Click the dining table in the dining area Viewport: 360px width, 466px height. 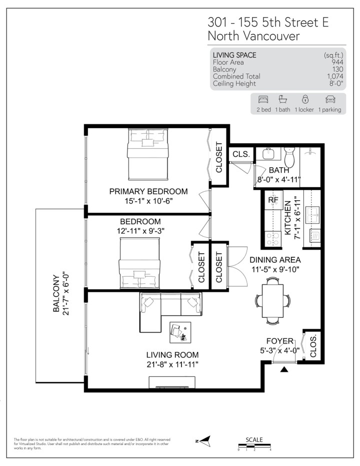point(272,301)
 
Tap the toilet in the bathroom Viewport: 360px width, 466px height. point(289,158)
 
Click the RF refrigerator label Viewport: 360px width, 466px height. point(273,200)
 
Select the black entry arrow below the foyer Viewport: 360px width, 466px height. point(284,370)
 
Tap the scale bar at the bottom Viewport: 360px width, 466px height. point(254,445)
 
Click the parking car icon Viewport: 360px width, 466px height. point(329,100)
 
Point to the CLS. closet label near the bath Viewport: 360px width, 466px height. point(241,155)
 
